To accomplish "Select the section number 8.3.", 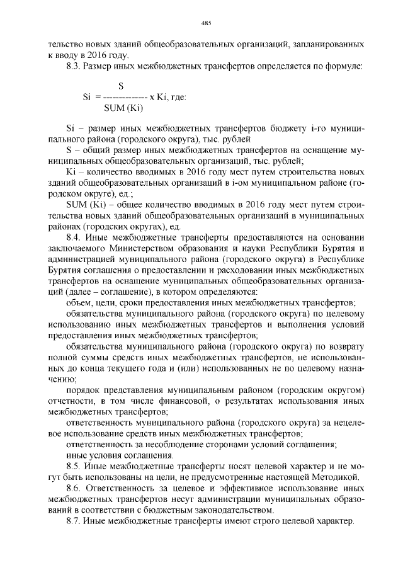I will [74, 66].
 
